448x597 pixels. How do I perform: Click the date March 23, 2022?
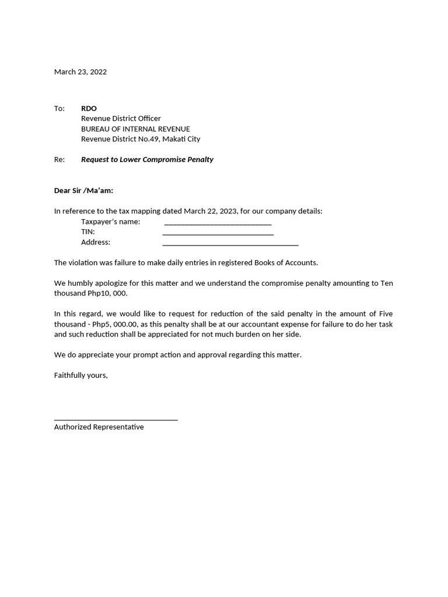[80, 72]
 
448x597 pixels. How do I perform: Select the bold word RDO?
[89, 108]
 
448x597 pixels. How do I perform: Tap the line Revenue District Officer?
[121, 118]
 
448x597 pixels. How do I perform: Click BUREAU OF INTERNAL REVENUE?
[135, 129]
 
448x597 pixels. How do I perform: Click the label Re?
[60, 159]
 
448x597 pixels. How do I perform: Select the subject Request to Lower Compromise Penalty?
[147, 159]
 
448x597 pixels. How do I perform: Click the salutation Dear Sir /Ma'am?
[83, 191]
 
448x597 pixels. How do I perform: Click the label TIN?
[88, 232]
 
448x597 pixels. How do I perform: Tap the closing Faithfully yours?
[81, 375]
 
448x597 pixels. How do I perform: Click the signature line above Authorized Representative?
[116, 419]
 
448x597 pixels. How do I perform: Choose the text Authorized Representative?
[99, 427]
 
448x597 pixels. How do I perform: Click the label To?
[60, 108]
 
